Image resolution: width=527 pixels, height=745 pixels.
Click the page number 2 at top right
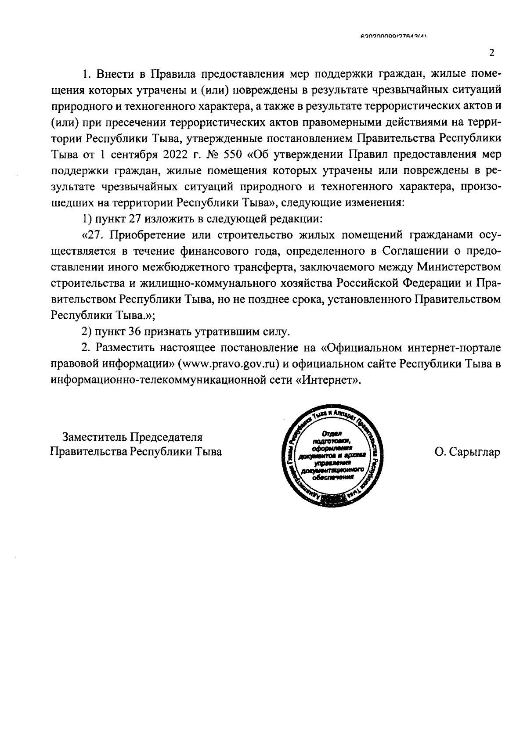491,53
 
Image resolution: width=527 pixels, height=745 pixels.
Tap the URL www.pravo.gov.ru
229,364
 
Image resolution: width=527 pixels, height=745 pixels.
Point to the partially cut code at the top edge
393,38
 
